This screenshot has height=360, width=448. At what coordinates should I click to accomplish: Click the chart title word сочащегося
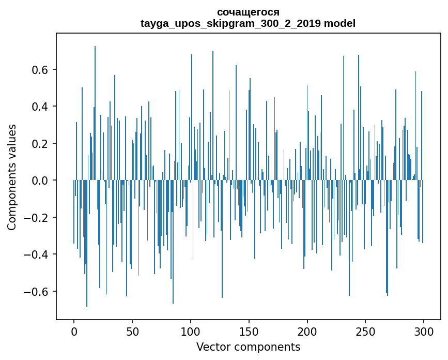248,12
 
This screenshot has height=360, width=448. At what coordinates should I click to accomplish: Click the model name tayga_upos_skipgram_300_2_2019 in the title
231,23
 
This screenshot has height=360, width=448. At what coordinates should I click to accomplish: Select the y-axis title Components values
12,177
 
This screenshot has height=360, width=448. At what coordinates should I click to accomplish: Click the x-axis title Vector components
248,347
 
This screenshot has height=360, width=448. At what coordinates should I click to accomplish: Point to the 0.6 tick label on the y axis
41,70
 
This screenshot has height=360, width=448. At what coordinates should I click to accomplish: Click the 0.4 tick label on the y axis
41,107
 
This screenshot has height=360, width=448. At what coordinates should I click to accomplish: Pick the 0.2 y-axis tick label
41,144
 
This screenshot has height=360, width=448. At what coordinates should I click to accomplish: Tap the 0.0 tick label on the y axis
41,181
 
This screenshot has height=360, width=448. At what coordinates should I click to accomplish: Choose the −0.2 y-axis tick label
37,218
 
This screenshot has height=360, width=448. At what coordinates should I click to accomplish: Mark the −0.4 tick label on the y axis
37,254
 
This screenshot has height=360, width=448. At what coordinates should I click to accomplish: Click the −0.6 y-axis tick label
37,292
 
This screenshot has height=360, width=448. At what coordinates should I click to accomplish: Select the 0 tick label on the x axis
74,331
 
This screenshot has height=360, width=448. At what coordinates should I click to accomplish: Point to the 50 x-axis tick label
132,331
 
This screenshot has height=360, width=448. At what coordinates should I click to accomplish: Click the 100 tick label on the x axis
191,331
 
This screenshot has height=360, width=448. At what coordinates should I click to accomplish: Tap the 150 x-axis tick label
249,331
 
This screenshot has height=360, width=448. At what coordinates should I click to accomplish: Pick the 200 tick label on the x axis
307,331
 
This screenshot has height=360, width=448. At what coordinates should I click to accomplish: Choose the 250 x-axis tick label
366,331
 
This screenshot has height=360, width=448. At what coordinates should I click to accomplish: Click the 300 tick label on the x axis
424,331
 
